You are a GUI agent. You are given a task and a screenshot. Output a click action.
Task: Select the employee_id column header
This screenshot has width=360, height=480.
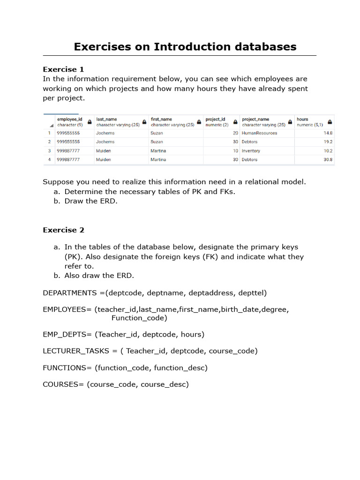coord(69,120)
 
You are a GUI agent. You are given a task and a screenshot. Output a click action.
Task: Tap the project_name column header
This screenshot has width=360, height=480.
coord(255,120)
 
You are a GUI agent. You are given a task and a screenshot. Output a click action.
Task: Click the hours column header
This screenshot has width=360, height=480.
coord(302,120)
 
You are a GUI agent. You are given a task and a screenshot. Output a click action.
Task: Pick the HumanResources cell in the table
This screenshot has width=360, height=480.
coord(259,133)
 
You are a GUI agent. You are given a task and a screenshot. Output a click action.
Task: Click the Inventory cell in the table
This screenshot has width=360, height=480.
coord(251,151)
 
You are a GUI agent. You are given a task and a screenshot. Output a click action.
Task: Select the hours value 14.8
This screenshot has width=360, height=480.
coord(328,133)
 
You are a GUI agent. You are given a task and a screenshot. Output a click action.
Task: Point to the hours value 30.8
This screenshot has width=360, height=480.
coord(328,160)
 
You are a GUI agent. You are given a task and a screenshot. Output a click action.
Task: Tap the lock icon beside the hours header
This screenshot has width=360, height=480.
coord(330,122)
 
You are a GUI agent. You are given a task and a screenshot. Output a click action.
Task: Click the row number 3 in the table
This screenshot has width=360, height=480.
coord(49,151)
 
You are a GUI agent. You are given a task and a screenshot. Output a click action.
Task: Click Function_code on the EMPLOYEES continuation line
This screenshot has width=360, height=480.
coord(139,318)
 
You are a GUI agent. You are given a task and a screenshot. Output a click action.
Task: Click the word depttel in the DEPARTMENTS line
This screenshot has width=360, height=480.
coord(251,293)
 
